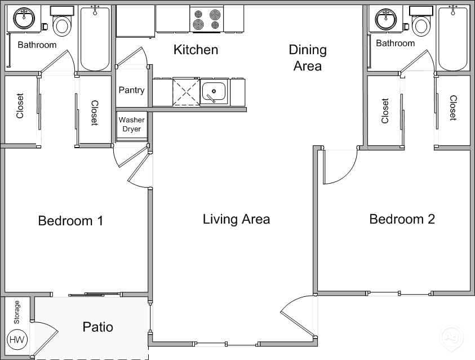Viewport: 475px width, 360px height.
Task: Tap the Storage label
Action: pyautogui.click(x=16, y=312)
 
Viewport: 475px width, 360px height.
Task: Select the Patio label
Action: pyautogui.click(x=97, y=327)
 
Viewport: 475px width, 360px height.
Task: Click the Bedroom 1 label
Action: pyautogui.click(x=70, y=220)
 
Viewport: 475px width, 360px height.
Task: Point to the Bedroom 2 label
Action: pyautogui.click(x=402, y=219)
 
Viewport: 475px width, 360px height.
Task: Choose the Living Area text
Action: pyautogui.click(x=236, y=219)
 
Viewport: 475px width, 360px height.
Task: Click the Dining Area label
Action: pyautogui.click(x=307, y=57)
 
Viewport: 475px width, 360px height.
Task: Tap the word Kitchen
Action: pyautogui.click(x=196, y=50)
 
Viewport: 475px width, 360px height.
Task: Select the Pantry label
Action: pyautogui.click(x=131, y=90)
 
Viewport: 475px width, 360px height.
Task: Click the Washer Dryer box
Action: pyautogui.click(x=132, y=125)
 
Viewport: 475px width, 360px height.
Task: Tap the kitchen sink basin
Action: pyautogui.click(x=214, y=91)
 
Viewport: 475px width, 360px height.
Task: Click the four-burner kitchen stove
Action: pyautogui.click(x=207, y=20)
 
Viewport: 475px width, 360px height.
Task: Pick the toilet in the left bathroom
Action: pyautogui.click(x=61, y=23)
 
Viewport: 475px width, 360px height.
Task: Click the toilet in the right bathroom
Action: pyautogui.click(x=420, y=23)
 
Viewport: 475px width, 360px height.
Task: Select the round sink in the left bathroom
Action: pyautogui.click(x=24, y=19)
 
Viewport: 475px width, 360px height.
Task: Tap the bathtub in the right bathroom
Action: pyautogui.click(x=453, y=38)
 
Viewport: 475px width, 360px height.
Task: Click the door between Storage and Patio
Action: pyautogui.click(x=45, y=339)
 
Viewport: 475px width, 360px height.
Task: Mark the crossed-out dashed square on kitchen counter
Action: pyautogui.click(x=187, y=92)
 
